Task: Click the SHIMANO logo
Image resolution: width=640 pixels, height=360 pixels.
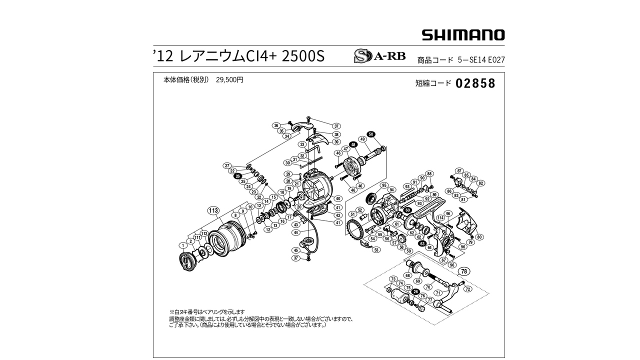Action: coord(463,35)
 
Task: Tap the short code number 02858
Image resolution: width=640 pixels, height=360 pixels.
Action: coord(475,83)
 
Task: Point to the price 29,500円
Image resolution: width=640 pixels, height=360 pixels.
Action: coord(229,79)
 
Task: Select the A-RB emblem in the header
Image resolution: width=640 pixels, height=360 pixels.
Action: coord(379,55)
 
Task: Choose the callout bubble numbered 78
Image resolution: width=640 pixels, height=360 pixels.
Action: coord(463,271)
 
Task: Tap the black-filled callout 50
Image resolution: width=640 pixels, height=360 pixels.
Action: coord(370,134)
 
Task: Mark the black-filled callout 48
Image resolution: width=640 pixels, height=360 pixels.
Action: coord(353,144)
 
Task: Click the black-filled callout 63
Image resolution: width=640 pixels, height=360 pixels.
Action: coord(422,243)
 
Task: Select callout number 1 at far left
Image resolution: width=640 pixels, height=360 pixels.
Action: coord(183,245)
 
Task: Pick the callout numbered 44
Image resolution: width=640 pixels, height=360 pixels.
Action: coord(296,232)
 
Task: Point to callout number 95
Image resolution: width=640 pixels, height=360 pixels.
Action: coord(384,185)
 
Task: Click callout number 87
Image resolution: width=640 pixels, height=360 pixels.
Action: coord(459,171)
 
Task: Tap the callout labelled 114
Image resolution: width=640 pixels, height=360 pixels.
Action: coord(440,217)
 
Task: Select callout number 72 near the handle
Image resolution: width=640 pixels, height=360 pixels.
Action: coord(467,289)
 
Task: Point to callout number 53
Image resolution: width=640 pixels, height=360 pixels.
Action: coord(376,250)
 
